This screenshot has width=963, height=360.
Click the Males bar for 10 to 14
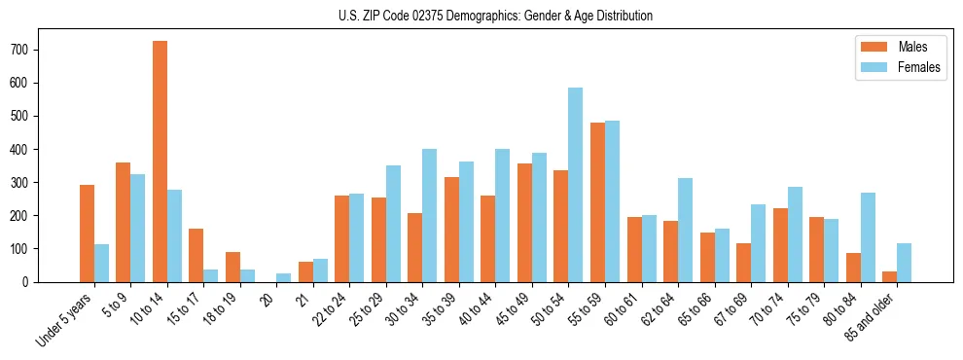(160, 162)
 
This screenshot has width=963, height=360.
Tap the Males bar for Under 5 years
(87, 234)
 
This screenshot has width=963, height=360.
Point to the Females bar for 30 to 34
(430, 216)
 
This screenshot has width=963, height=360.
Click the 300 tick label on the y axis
(28, 183)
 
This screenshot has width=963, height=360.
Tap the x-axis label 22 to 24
(332, 310)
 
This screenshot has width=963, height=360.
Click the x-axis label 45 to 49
(514, 310)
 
